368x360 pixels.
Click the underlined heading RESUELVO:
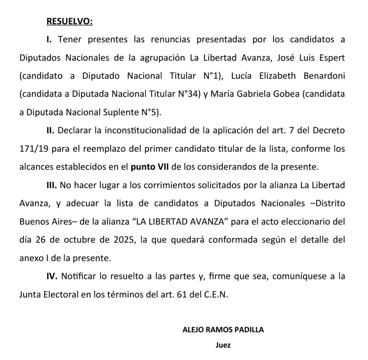pyautogui.click(x=69, y=21)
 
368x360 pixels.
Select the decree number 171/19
pyautogui.click(x=33, y=149)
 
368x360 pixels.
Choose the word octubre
pyautogui.click(x=81, y=240)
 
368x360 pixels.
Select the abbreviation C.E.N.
pyautogui.click(x=216, y=295)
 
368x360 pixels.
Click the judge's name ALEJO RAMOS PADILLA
pyautogui.click(x=223, y=330)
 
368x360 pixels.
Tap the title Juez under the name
pyautogui.click(x=223, y=345)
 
